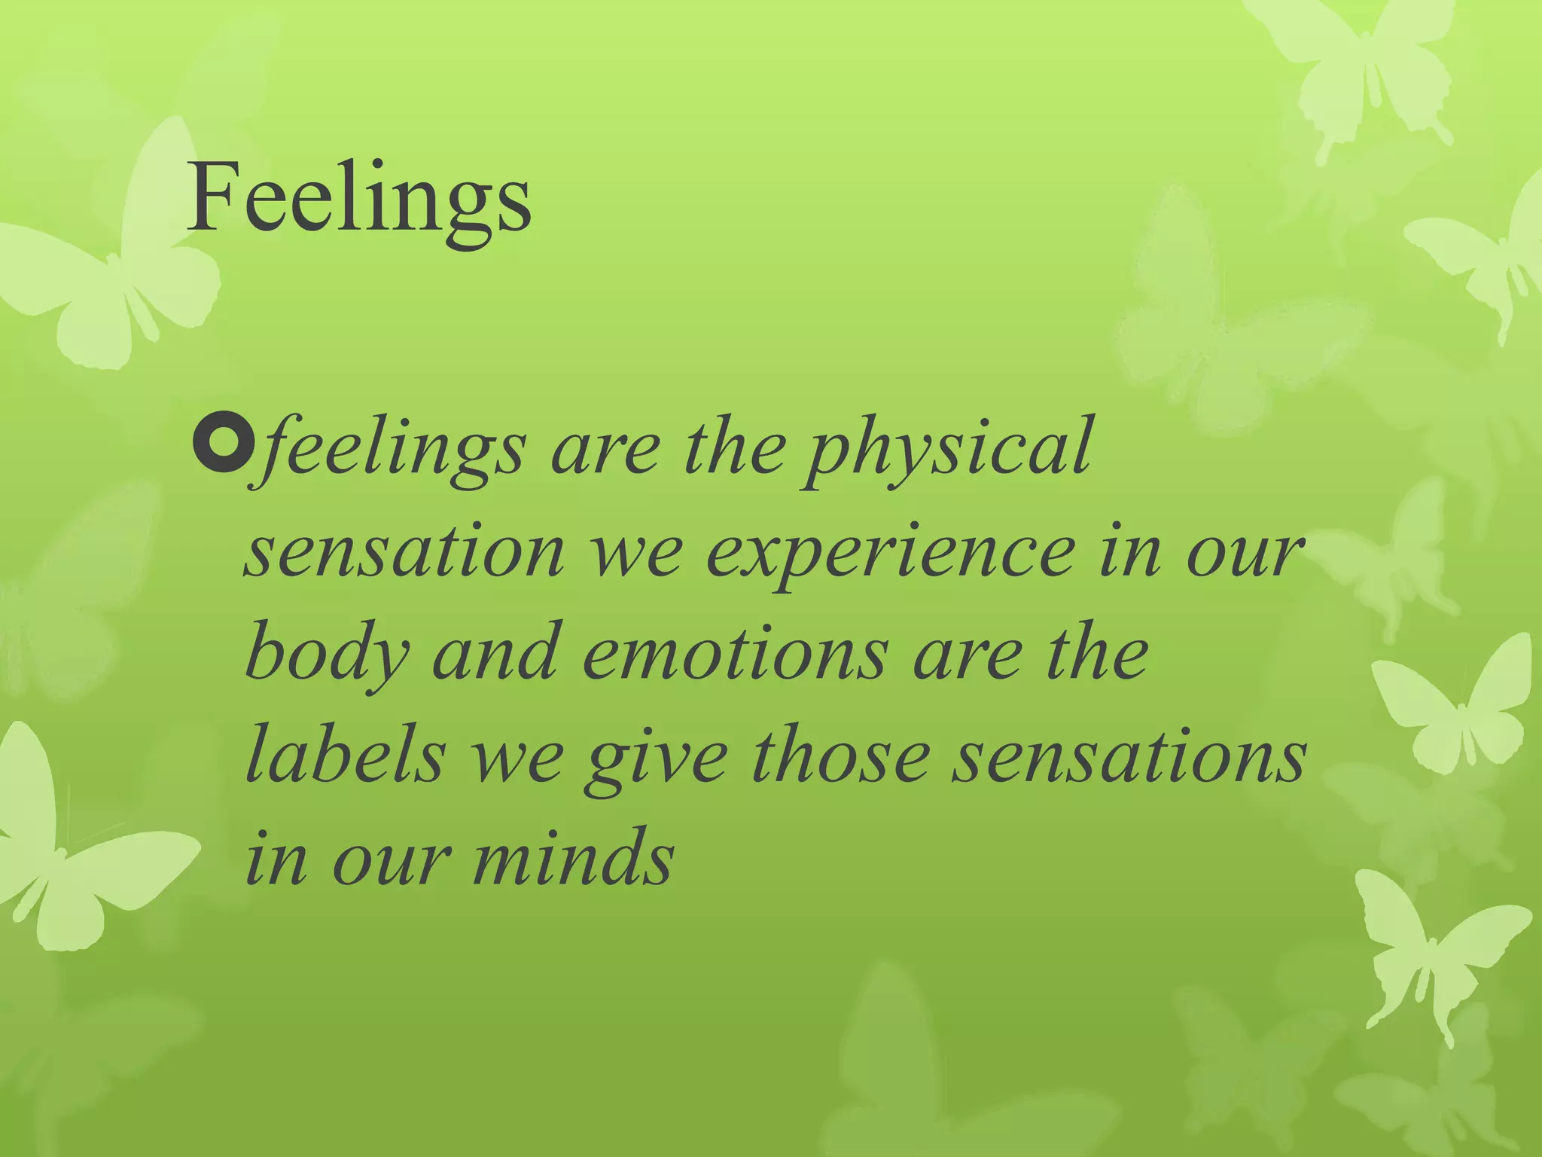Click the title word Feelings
coord(360,199)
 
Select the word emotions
coord(735,655)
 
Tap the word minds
coord(572,859)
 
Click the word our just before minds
coord(389,859)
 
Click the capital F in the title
coord(210,199)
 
